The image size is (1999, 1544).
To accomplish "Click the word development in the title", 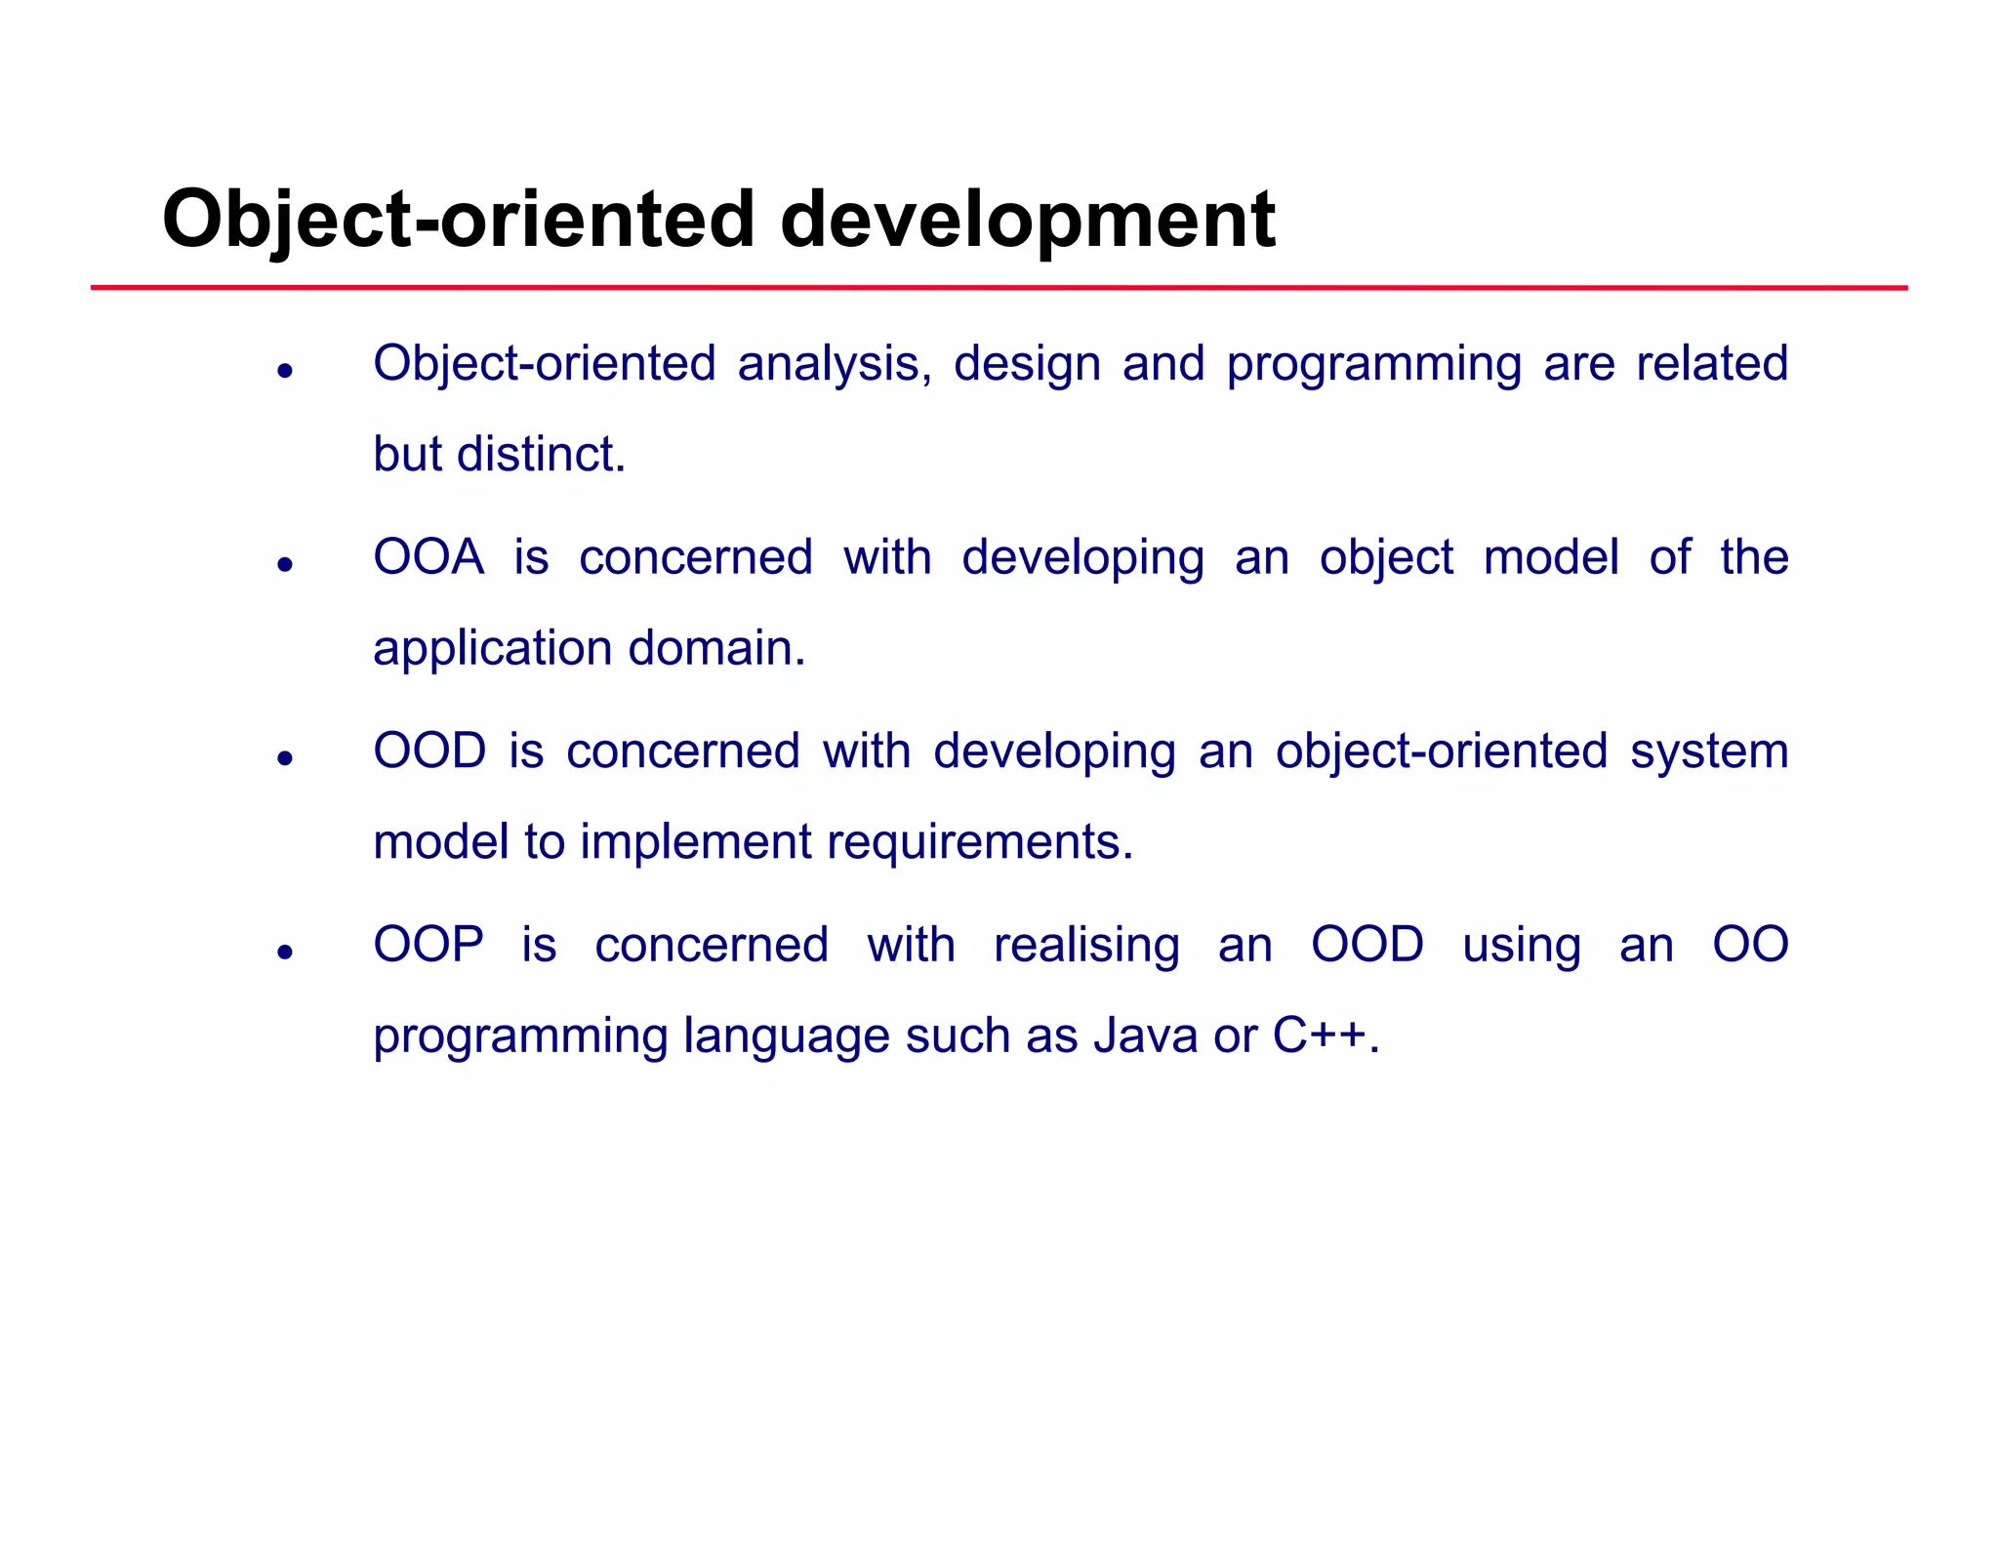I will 1027,220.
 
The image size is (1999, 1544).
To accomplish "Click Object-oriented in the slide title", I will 459,220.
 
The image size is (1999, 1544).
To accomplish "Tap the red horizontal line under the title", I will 999,288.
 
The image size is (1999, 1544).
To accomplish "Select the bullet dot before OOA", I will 285,564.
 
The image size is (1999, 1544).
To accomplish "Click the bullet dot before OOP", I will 285,952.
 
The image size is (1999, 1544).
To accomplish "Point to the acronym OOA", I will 428,557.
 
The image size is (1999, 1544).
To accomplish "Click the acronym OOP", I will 428,945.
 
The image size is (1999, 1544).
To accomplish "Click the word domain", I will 716,648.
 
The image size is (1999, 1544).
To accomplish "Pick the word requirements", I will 980,842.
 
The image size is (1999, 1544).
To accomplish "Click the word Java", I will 1145,1036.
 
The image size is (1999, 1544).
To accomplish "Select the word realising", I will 1086,945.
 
